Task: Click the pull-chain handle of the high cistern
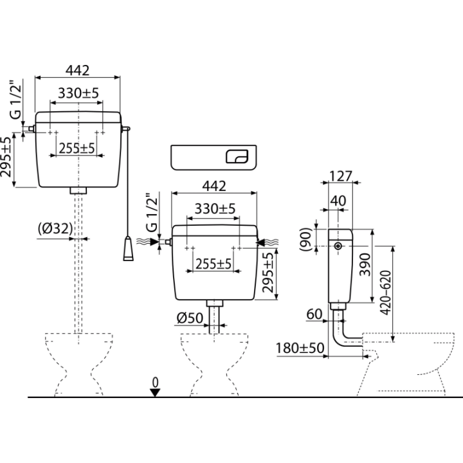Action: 128,249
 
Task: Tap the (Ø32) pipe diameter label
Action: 55,228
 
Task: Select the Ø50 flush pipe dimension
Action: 190,318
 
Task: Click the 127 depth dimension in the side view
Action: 340,176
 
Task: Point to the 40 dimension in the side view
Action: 338,201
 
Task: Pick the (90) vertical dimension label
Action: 305,239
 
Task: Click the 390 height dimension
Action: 365,264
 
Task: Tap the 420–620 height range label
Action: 385,293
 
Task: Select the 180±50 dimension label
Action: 300,348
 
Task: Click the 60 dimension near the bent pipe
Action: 314,314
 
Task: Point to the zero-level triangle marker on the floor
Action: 155,393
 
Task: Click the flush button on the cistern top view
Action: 237,156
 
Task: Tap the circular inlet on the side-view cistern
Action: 338,246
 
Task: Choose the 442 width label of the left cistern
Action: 77,71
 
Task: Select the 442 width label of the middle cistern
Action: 214,186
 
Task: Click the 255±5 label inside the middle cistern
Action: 213,264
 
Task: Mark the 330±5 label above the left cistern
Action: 78,93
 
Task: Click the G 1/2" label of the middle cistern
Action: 152,212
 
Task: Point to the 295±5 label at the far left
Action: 6,157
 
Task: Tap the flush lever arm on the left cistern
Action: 125,129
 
